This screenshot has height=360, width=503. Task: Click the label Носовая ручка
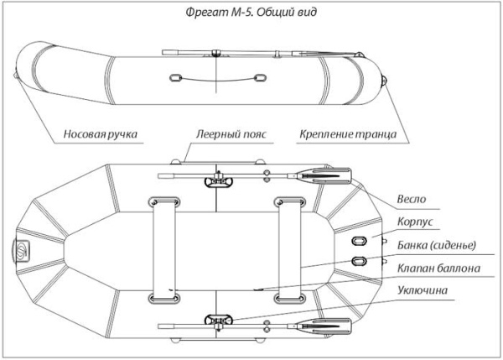100,134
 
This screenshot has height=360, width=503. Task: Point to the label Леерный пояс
224,134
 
